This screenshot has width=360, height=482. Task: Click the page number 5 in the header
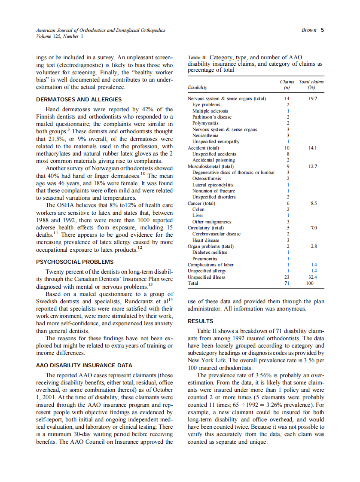(x=322, y=30)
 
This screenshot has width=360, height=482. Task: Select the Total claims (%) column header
(x=311, y=84)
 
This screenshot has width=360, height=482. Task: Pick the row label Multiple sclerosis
(x=210, y=111)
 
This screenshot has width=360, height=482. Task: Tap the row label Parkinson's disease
(x=212, y=117)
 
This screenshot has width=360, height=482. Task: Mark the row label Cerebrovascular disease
(x=216, y=234)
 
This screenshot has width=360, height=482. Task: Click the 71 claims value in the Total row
(x=288, y=284)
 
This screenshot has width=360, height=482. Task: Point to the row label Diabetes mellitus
(x=210, y=253)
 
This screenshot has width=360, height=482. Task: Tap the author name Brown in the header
(x=309, y=30)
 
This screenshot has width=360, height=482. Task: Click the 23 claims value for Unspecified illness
(x=288, y=277)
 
